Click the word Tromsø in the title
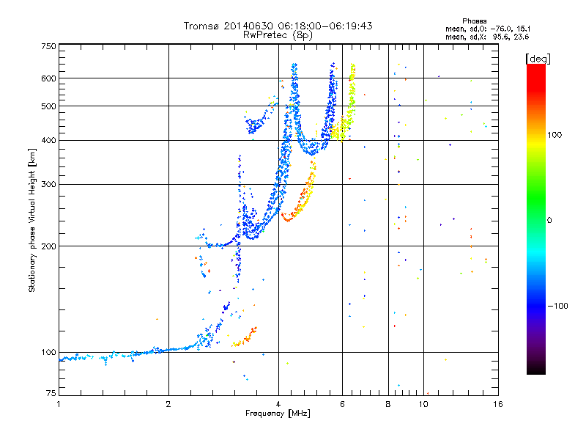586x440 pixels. (x=201, y=26)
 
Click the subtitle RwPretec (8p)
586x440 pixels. (x=278, y=34)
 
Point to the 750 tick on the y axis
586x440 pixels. (x=49, y=46)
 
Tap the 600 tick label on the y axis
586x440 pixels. (x=49, y=78)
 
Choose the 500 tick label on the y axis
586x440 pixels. (x=49, y=106)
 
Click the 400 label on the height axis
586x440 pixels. (x=49, y=140)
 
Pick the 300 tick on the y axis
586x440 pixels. (x=49, y=184)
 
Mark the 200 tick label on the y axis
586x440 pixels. (x=49, y=246)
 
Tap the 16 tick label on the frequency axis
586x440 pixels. (x=497, y=403)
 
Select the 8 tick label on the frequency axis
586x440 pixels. (x=388, y=403)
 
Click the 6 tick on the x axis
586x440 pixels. (x=343, y=403)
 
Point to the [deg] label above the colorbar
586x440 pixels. (x=538, y=58)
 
